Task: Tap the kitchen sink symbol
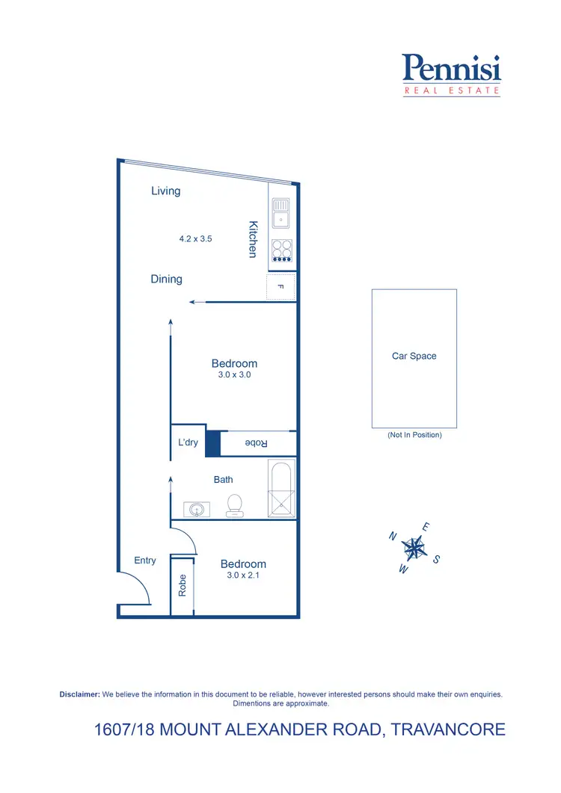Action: click(x=280, y=212)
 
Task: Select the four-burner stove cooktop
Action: click(x=281, y=250)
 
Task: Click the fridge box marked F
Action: click(x=280, y=287)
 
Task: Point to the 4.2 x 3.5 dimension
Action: click(x=196, y=239)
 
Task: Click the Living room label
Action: click(x=166, y=191)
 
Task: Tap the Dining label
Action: click(x=166, y=280)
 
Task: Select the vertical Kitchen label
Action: click(x=253, y=239)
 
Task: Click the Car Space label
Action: click(x=414, y=357)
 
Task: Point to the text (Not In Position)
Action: click(x=414, y=435)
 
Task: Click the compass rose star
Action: click(x=414, y=549)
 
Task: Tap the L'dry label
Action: click(x=188, y=442)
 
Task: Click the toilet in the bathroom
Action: click(x=235, y=506)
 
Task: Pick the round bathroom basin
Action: click(x=196, y=510)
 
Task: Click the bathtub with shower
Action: click(x=281, y=489)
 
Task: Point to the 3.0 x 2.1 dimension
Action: click(x=243, y=576)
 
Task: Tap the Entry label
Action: click(x=145, y=561)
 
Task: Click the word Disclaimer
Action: click(x=79, y=694)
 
